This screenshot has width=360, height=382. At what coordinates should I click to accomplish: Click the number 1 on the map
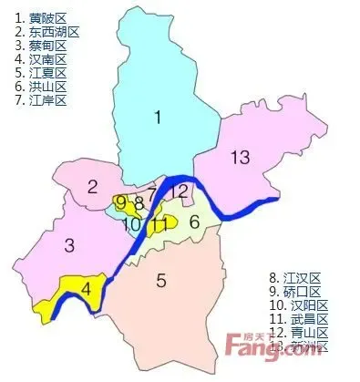(x=158, y=116)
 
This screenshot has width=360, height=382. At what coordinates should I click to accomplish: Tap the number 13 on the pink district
(x=240, y=159)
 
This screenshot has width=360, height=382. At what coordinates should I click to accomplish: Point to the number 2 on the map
(x=93, y=188)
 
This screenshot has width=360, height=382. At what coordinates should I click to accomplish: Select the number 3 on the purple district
(x=69, y=245)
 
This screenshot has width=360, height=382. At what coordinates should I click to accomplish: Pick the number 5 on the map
(x=161, y=281)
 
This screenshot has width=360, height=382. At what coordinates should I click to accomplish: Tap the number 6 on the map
(x=193, y=221)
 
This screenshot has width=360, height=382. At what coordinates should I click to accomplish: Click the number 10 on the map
(x=132, y=222)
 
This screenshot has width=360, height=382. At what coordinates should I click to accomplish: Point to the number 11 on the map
(x=159, y=223)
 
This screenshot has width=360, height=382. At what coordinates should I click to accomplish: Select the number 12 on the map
(x=180, y=191)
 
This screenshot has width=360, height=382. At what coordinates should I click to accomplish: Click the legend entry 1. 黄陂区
(x=41, y=17)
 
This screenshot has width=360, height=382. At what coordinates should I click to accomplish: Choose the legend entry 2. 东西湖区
(x=46, y=31)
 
